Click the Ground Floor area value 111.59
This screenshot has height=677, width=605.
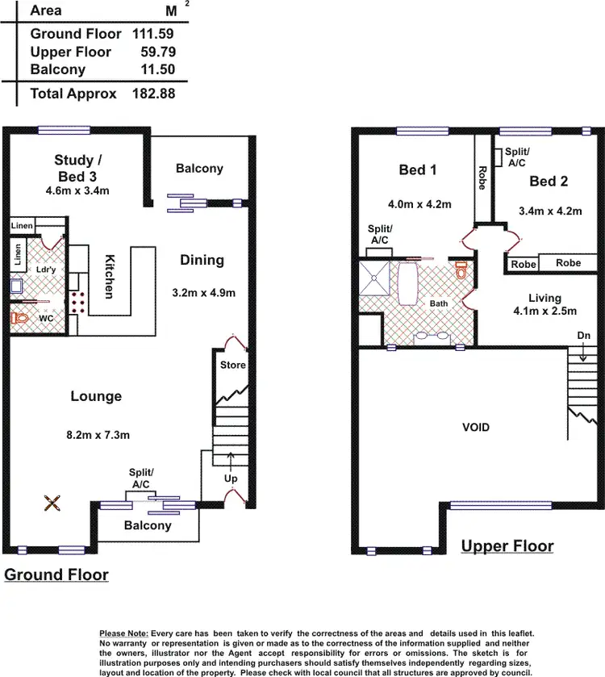(x=153, y=34)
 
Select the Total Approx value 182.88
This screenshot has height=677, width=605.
(x=153, y=94)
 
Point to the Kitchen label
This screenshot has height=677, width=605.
(x=109, y=277)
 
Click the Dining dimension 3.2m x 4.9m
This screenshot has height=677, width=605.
(x=202, y=293)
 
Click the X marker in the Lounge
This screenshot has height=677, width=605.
(x=52, y=504)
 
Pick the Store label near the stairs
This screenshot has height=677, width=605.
(x=232, y=366)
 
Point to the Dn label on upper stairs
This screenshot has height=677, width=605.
(x=583, y=335)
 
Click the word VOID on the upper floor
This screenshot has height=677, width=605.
(x=476, y=427)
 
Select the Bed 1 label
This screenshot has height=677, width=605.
(x=418, y=170)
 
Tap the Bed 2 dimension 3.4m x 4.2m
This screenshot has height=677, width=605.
(x=552, y=211)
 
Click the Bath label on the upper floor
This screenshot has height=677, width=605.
(x=438, y=303)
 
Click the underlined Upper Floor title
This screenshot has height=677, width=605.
(x=507, y=546)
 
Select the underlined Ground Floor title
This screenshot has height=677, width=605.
(x=56, y=575)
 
